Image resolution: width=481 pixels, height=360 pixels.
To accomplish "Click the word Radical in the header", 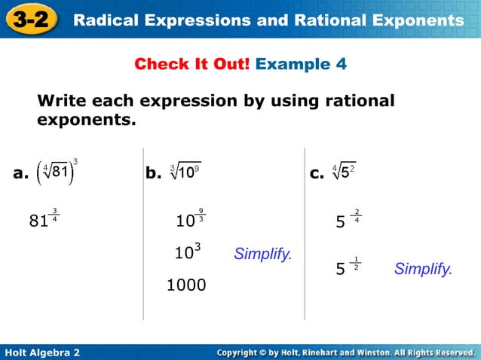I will pyautogui.click(x=106, y=20).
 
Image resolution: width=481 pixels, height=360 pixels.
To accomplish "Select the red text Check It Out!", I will pyautogui.click(x=192, y=64).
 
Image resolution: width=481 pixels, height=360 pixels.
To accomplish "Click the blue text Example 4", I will pyautogui.click(x=301, y=64).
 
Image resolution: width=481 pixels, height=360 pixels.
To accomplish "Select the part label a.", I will pyautogui.click(x=21, y=174).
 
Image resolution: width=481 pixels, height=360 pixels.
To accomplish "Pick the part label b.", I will pyautogui.click(x=154, y=174).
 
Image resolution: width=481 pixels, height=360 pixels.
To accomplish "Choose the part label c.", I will pyautogui.click(x=317, y=174).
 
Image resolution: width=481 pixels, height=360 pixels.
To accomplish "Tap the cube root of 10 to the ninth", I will pyautogui.click(x=185, y=172).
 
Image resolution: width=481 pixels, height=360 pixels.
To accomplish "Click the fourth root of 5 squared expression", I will pyautogui.click(x=344, y=172).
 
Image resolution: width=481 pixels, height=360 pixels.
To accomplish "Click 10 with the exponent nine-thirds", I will pyautogui.click(x=189, y=221).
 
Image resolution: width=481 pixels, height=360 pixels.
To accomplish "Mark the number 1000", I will pyautogui.click(x=186, y=285).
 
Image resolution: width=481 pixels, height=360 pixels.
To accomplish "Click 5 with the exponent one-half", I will pyautogui.click(x=347, y=268).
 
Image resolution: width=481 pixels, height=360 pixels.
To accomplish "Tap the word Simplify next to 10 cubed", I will pyautogui.click(x=262, y=254).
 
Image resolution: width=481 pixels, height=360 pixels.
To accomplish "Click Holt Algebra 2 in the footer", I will pyautogui.click(x=42, y=352).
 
